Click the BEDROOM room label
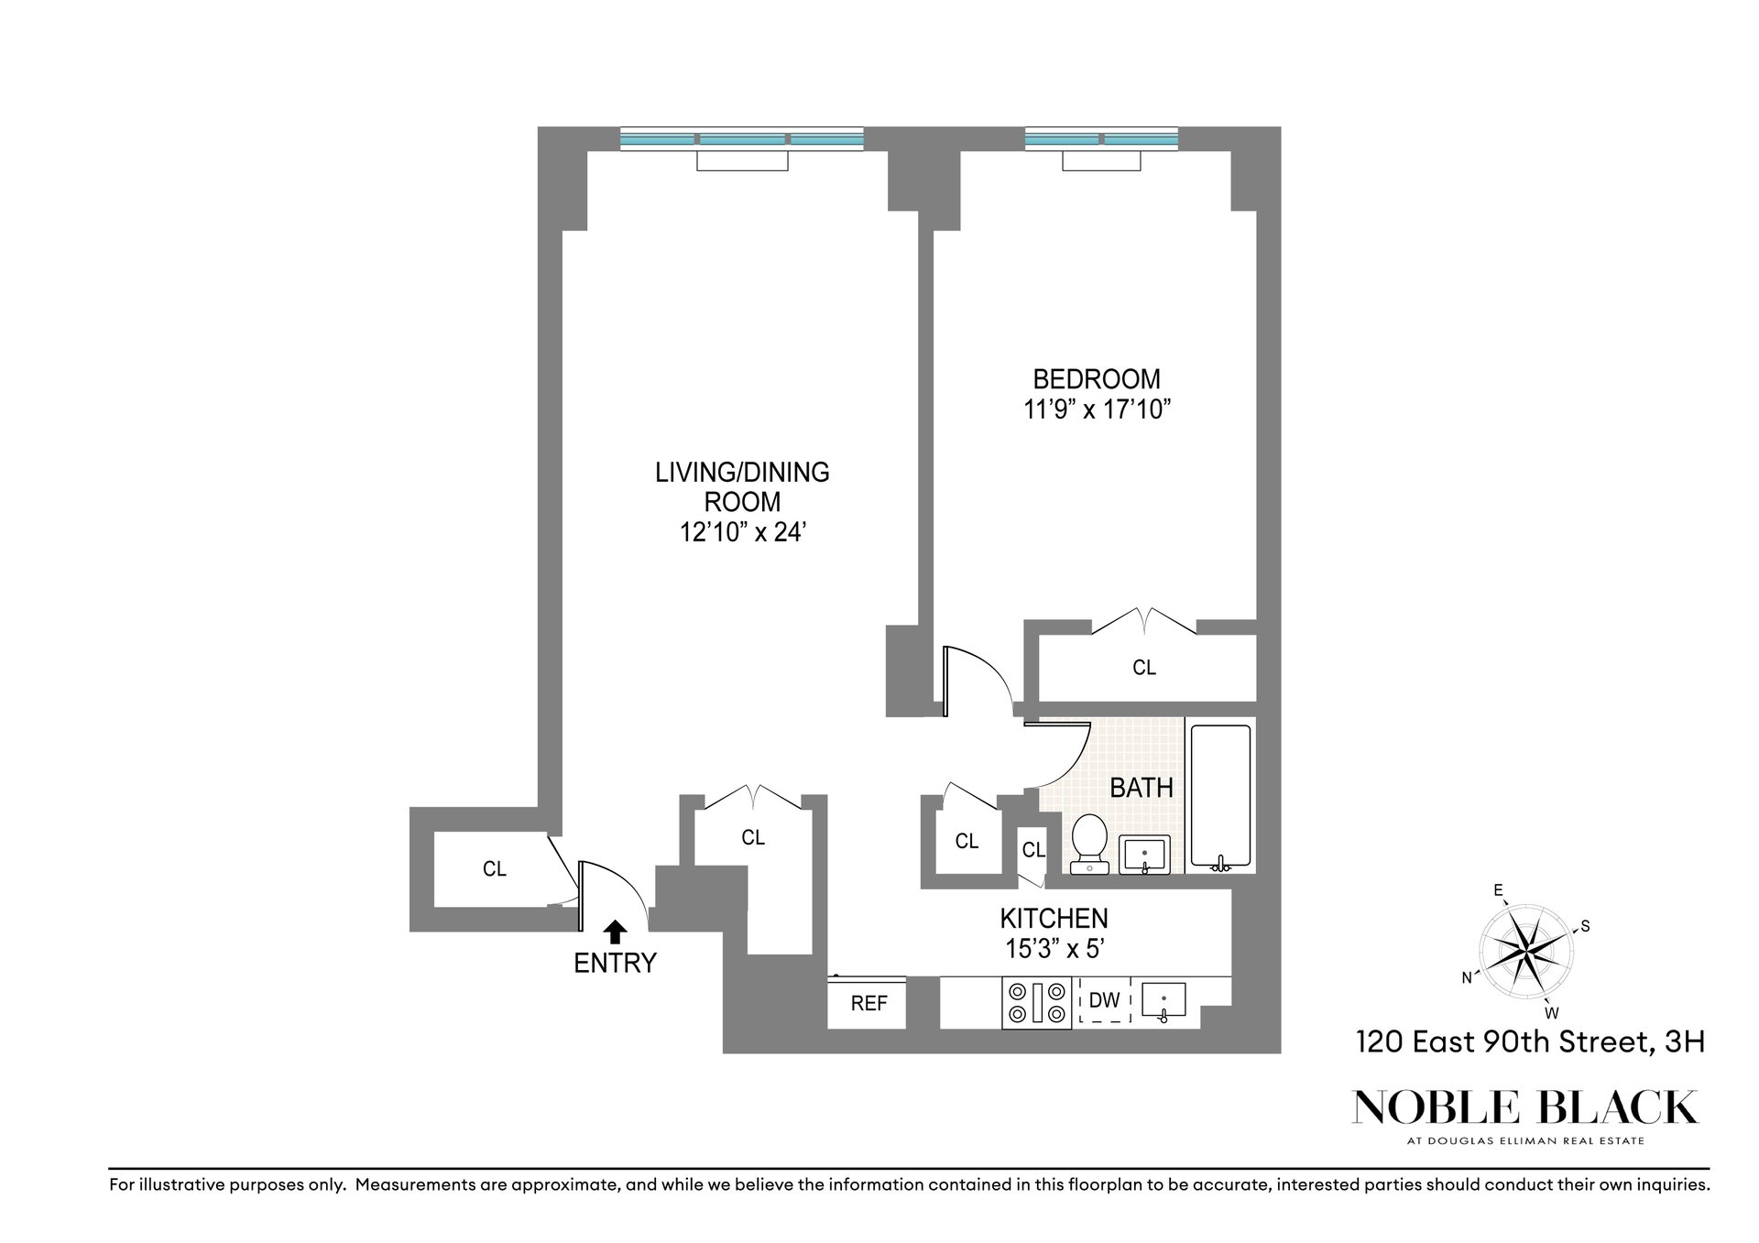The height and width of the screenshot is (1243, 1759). coord(1096,378)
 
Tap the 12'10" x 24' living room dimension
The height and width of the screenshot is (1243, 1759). coord(742,532)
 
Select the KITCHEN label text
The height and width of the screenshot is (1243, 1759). coord(1054,918)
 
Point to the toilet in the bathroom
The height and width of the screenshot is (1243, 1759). coord(1087,843)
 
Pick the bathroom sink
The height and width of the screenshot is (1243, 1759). coord(1144,855)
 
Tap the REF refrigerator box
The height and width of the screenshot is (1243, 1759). coord(868,1003)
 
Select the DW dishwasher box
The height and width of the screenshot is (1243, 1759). coord(1105,1001)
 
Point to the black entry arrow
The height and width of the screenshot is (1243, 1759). coord(615,932)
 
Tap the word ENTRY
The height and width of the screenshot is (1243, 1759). coord(615,964)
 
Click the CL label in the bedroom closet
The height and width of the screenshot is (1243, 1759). coord(1144,668)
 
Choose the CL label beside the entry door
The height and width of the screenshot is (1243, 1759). coord(495,869)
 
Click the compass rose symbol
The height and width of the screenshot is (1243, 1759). coord(1524,952)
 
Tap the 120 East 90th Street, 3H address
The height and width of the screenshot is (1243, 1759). coord(1530,1042)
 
